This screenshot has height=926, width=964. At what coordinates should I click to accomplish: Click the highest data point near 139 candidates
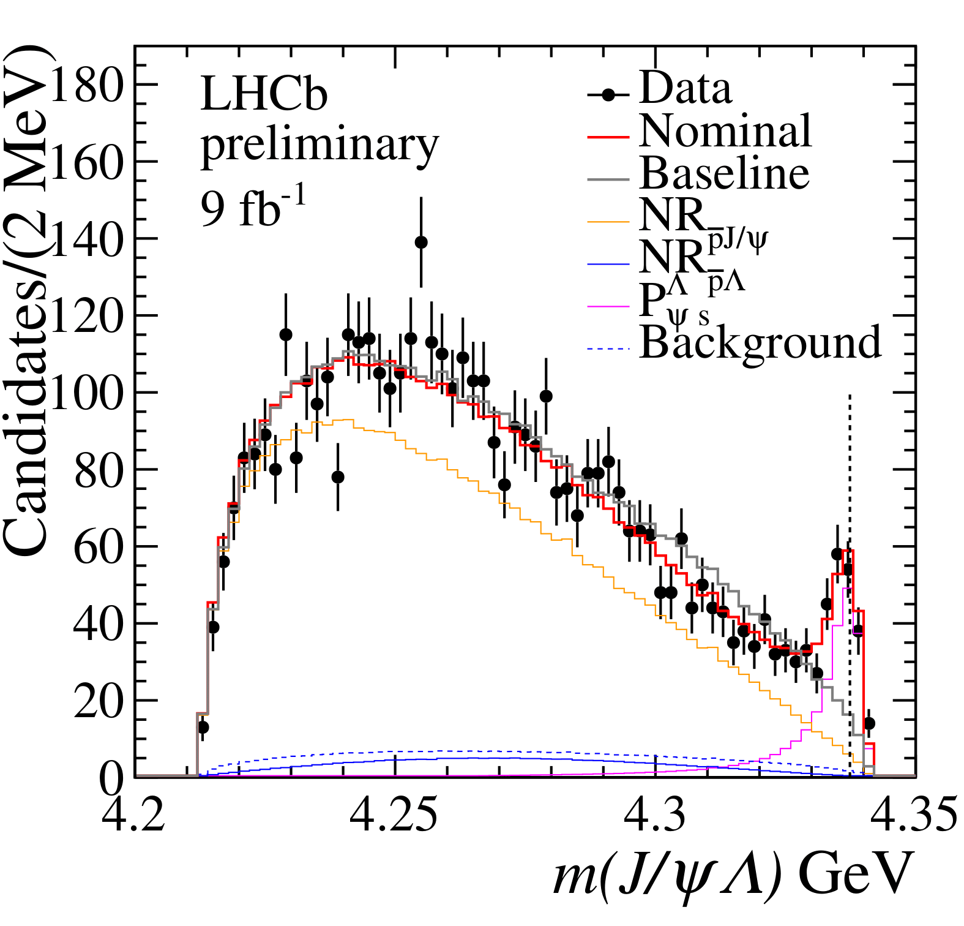[x=421, y=243]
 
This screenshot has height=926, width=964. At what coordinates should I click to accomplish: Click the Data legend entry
[x=685, y=89]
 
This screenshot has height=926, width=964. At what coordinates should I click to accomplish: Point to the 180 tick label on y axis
[x=86, y=85]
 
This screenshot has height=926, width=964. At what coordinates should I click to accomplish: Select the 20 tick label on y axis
[x=98, y=701]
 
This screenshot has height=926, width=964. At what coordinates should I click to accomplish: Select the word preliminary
[x=319, y=146]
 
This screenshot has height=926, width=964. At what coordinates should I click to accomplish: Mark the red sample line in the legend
[x=608, y=136]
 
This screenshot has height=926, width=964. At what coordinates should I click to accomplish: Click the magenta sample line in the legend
[x=608, y=306]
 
